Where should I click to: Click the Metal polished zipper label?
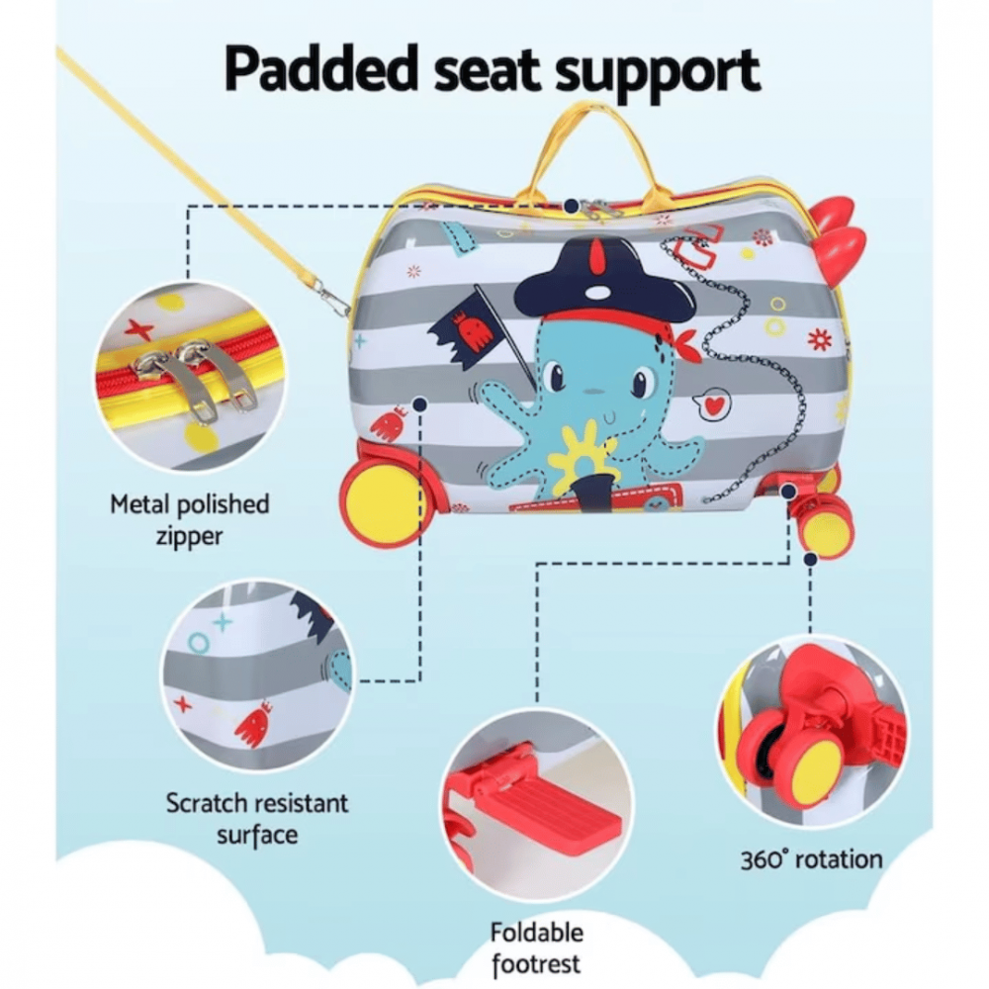189,520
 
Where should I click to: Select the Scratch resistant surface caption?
257,818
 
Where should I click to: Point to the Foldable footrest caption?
536,947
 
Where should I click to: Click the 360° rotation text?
811,858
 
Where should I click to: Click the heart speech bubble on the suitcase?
710,402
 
